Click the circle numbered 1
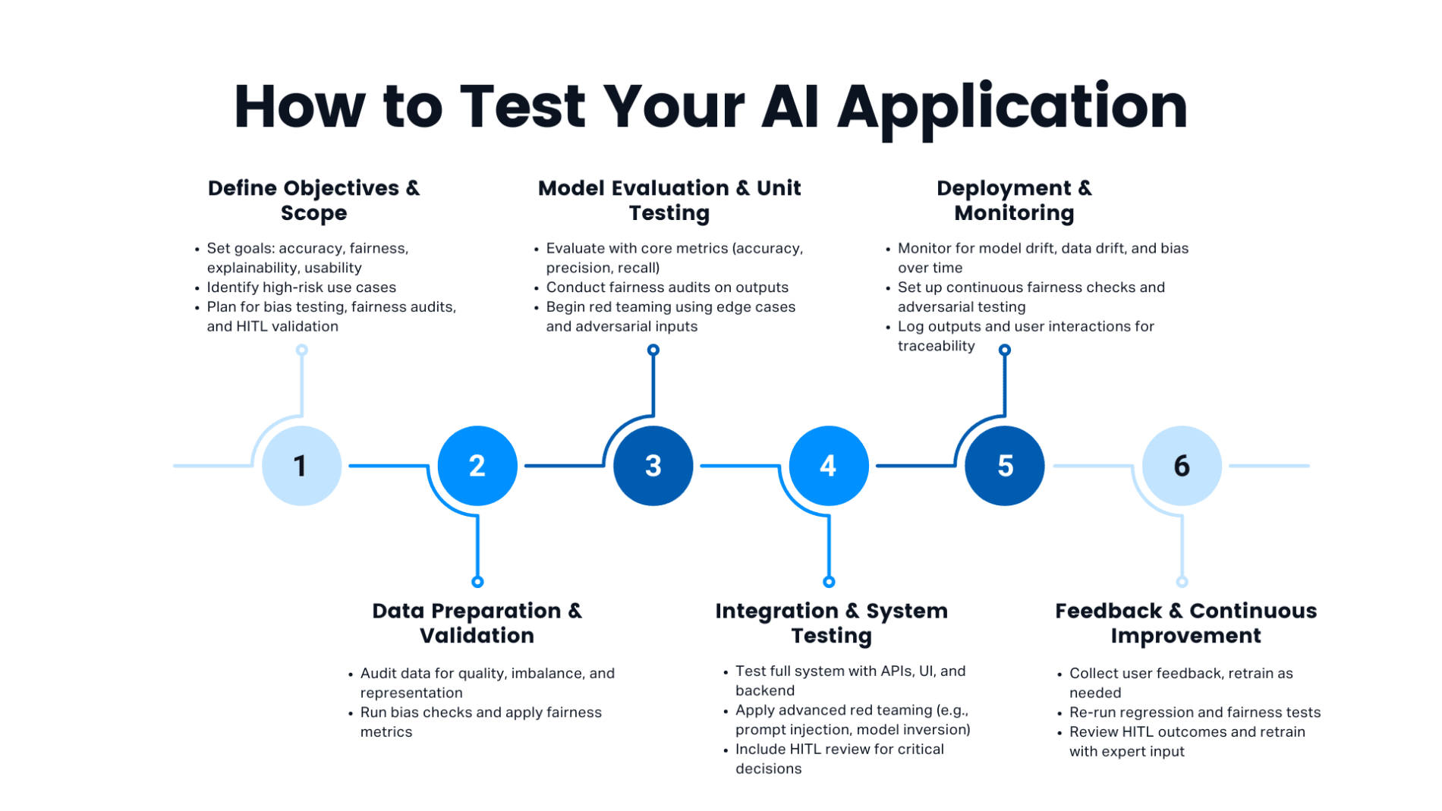[x=301, y=466]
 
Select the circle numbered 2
[x=477, y=466]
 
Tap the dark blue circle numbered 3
[x=653, y=466]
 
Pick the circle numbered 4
[x=829, y=466]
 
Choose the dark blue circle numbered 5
[x=1004, y=466]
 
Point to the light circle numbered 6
[x=1181, y=466]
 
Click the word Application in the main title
[x=1012, y=107]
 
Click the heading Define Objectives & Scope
[x=313, y=200]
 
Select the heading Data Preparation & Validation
[x=477, y=623]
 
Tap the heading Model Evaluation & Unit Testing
[x=669, y=200]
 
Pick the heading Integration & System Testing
[x=831, y=623]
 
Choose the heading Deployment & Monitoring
[x=1014, y=200]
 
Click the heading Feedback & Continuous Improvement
[x=1185, y=623]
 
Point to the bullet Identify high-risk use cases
[x=301, y=288]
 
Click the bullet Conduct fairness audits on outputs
[x=667, y=288]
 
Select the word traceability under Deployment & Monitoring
[x=936, y=346]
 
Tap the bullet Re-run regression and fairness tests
[x=1195, y=712]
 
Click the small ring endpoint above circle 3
[x=653, y=350]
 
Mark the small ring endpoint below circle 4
[x=829, y=582]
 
